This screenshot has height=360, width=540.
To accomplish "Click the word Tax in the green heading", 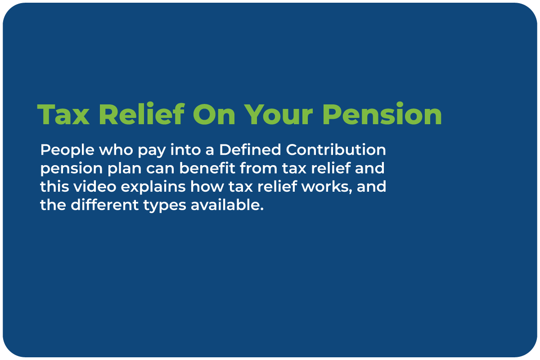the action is click(x=63, y=114).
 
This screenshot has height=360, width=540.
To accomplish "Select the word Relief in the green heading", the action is click(x=142, y=113).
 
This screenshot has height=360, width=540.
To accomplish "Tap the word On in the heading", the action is click(x=214, y=114).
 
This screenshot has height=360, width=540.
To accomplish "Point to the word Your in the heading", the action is click(x=279, y=114).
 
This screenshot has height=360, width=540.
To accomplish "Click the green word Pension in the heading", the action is click(x=382, y=113).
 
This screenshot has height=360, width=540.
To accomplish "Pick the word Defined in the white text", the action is click(x=250, y=149).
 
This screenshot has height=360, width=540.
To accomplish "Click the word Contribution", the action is click(x=336, y=149).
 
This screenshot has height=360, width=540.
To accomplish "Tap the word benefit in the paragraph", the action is click(x=207, y=168).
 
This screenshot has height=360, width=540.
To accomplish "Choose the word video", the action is click(x=95, y=186).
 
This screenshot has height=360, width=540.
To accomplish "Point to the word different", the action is click(x=104, y=205).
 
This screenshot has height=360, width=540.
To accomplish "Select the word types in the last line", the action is click(x=165, y=206).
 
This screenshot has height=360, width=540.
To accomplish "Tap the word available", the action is click(x=225, y=205).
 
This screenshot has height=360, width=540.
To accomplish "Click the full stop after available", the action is click(x=262, y=210).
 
